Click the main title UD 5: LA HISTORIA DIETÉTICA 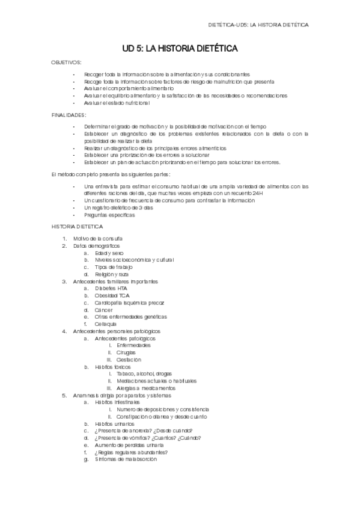click(180, 48)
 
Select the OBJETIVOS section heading click(67, 63)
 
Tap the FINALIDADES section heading click(69, 114)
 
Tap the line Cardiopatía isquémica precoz click(129, 303)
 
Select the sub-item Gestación click(129, 360)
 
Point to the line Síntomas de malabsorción click(126, 459)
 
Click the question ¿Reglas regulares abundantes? click(131, 452)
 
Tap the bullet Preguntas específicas click(110, 215)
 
